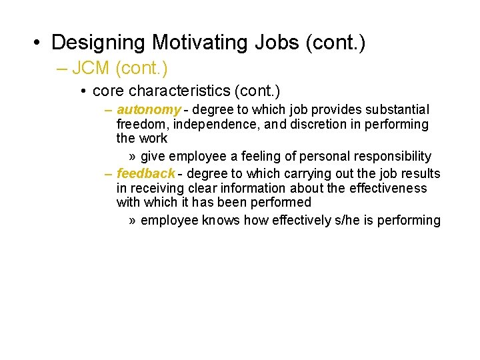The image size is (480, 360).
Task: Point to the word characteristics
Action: pos(176,90)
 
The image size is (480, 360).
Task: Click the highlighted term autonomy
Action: pos(148,109)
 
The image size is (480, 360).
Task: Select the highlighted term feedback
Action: pos(145,173)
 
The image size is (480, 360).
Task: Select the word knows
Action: pos(220,220)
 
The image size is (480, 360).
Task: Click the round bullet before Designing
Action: pos(37,43)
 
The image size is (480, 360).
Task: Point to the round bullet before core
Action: pos(83,91)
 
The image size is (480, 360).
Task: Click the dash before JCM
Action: pos(67,67)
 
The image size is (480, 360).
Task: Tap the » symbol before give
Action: pos(133,156)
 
